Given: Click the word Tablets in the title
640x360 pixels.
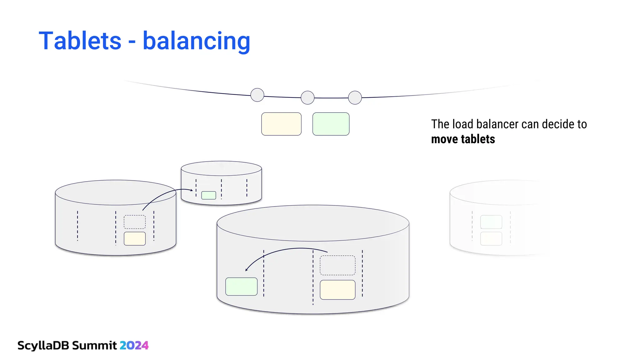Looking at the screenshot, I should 80,41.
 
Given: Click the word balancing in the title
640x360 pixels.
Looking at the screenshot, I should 196,41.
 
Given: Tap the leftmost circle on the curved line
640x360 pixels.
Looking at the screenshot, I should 257,95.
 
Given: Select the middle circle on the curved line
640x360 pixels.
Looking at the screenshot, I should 307,98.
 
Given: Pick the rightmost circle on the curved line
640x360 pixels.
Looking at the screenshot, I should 355,97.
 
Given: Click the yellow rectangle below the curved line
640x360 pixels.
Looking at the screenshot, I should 281,124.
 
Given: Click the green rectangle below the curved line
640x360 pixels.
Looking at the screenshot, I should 331,124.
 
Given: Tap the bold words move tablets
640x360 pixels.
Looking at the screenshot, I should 463,139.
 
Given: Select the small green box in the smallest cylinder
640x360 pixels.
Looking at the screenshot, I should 209,195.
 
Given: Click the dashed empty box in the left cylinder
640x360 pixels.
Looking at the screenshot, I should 135,222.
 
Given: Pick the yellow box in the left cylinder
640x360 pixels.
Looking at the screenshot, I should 135,239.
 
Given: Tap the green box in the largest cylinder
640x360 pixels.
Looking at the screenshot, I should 241,287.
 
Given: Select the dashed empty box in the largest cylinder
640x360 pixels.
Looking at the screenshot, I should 337,265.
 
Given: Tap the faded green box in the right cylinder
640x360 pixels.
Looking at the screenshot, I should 491,222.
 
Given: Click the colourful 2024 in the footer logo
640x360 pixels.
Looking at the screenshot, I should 134,345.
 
